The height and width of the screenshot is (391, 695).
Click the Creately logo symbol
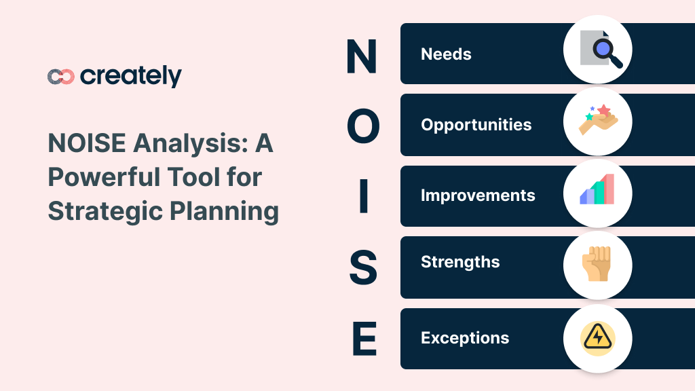point(60,77)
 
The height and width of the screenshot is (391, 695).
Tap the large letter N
point(362,56)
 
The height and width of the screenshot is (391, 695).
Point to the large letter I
point(363,196)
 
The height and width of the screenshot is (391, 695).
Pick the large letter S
point(363,267)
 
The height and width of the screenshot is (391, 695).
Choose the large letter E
point(364,339)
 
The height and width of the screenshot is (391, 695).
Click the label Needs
point(446,54)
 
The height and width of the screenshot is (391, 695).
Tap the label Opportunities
point(476,125)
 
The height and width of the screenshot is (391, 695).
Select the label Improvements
point(478,195)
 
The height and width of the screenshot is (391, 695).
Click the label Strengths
point(460,262)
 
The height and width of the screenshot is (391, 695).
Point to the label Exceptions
point(465,338)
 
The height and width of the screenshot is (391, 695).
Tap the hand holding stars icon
point(598,121)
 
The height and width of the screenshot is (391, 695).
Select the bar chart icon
point(597,191)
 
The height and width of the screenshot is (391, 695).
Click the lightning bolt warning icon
point(598,338)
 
